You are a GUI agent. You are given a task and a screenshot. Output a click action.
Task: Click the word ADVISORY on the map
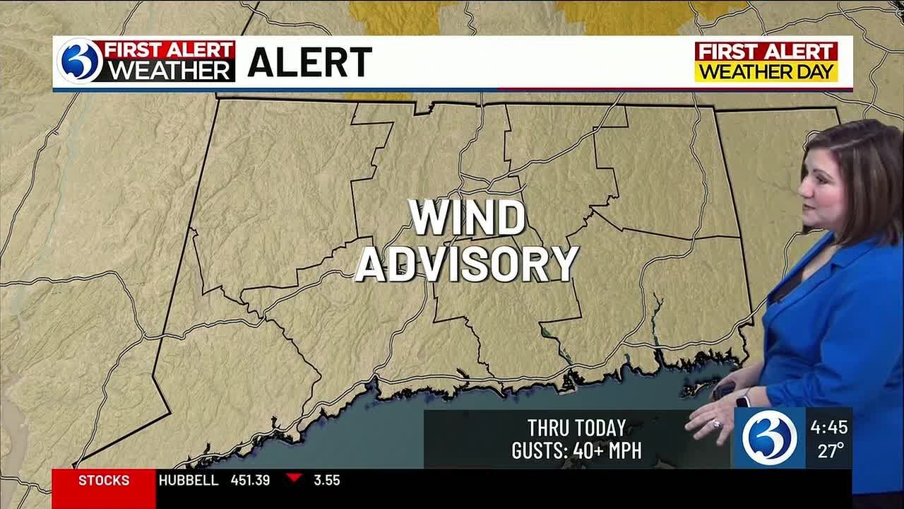pyautogui.click(x=467, y=264)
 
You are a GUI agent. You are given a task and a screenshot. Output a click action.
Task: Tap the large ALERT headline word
pyautogui.click(x=309, y=63)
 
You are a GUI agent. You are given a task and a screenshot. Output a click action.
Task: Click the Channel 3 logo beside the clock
pyautogui.click(x=769, y=438)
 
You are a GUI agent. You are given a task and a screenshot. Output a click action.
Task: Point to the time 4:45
pyautogui.click(x=828, y=428)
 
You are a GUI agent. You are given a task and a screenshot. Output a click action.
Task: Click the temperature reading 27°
pyautogui.click(x=831, y=450)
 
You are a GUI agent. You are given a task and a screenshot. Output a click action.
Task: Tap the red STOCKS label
pyautogui.click(x=104, y=481)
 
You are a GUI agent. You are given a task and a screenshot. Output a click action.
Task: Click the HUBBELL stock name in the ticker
pyautogui.click(x=189, y=481)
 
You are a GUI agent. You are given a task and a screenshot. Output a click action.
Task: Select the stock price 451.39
pyautogui.click(x=250, y=481)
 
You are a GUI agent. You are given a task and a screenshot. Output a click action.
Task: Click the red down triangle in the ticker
pyautogui.click(x=294, y=479)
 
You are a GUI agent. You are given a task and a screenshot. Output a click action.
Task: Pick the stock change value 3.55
pyautogui.click(x=327, y=481)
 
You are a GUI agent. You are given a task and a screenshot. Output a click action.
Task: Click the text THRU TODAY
pyautogui.click(x=576, y=428)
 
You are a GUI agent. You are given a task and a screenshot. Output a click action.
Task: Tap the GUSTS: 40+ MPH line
pyautogui.click(x=576, y=450)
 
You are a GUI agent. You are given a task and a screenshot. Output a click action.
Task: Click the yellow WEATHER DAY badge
pyautogui.click(x=766, y=72)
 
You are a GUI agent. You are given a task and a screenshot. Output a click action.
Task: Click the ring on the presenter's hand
pyautogui.click(x=717, y=424)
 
